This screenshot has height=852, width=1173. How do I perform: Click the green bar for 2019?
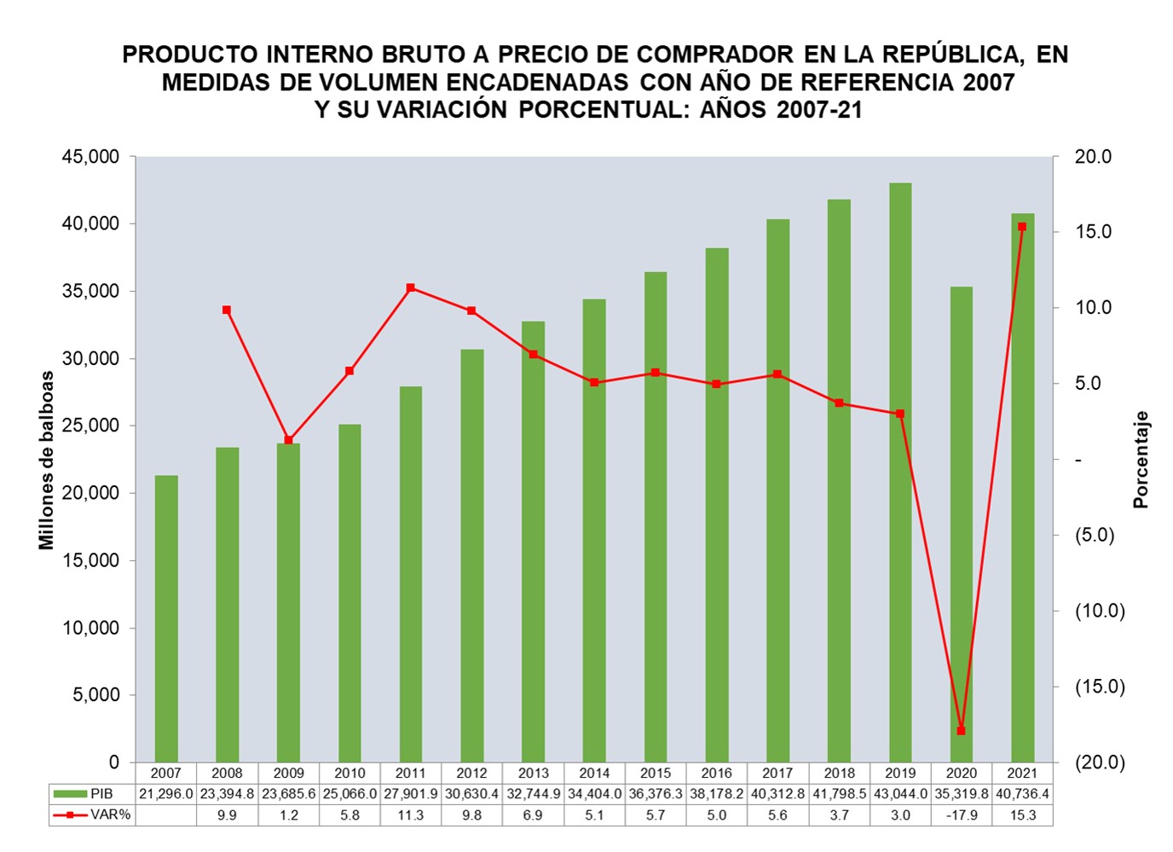900,473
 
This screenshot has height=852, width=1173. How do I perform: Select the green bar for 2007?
166,618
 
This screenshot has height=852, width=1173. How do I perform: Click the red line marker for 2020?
961,731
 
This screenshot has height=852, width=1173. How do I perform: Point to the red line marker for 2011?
410,288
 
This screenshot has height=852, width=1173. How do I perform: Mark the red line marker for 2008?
227,310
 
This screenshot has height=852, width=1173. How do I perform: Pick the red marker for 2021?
1022,227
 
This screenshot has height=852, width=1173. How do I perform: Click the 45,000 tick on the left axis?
90,157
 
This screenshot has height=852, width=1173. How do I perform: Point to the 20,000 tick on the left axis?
90,493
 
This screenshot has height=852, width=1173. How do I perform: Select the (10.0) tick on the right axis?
1100,611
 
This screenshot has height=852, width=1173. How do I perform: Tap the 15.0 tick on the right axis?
1093,232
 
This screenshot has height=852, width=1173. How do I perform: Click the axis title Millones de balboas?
46,461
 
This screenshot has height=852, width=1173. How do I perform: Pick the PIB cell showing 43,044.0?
900,794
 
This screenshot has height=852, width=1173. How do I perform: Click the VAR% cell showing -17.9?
961,815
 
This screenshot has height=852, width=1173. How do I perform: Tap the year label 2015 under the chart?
656,774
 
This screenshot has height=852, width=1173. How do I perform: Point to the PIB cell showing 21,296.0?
166,794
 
